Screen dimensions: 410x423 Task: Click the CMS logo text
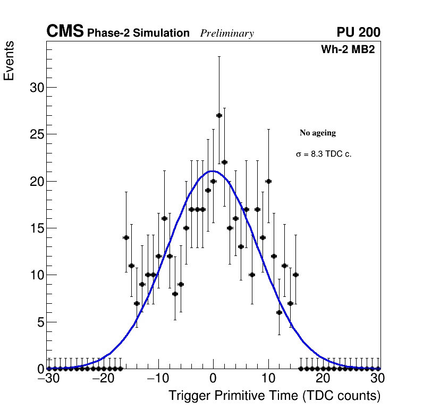65,32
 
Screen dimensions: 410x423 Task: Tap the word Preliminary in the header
227,33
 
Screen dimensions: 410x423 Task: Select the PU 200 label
358,32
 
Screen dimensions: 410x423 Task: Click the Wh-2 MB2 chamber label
348,50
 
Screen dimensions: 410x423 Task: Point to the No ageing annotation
318,133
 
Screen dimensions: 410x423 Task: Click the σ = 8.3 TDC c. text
324,154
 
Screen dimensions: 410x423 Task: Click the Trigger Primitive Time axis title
274,396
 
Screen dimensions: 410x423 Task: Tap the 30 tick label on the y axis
36,88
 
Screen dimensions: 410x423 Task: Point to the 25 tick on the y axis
36,134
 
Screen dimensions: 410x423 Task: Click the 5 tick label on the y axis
40,322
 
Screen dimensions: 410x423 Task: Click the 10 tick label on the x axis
268,379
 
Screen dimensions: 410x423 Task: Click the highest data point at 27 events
219,115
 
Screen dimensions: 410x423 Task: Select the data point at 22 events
224,162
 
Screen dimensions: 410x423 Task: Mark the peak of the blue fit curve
213,171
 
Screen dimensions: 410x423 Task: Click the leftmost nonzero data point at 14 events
126,237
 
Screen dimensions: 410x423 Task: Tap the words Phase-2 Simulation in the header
138,33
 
